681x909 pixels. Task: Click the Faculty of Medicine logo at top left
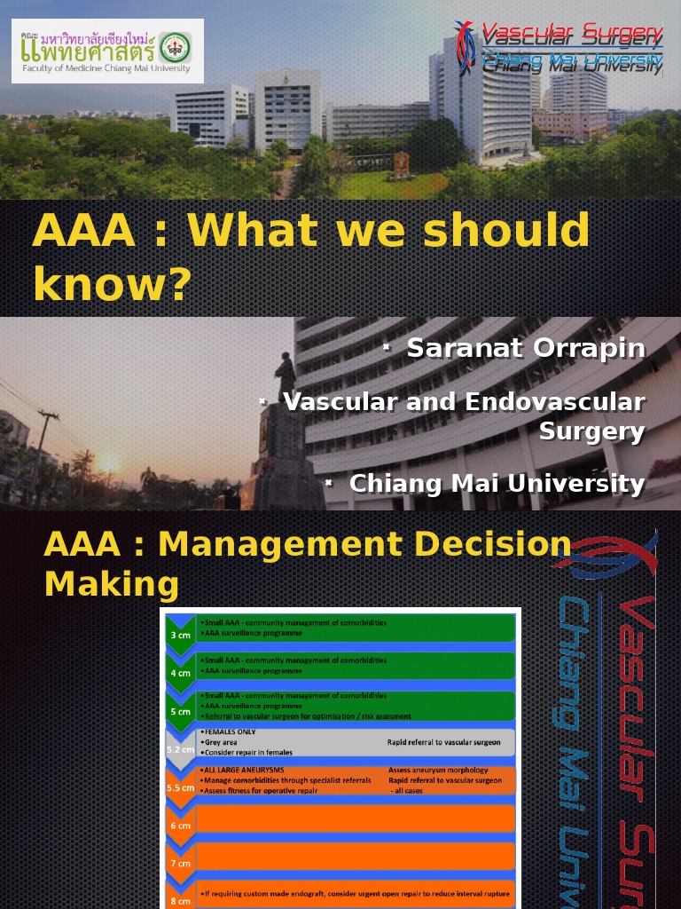point(107,51)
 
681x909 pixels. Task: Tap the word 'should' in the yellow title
point(505,231)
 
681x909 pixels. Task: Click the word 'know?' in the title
point(112,284)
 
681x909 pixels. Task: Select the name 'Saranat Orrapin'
point(526,348)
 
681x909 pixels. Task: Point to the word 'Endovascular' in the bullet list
point(554,402)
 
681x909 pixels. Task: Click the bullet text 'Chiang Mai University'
point(497,484)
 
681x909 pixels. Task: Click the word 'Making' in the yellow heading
point(111,585)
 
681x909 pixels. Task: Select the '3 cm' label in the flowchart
point(180,636)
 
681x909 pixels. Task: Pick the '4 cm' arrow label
point(180,673)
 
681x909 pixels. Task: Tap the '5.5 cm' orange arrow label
point(180,787)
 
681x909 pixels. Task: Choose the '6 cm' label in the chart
point(180,826)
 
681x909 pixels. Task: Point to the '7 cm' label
point(180,863)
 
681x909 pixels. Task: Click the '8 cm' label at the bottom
point(180,900)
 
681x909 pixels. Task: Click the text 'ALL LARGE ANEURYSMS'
point(243,770)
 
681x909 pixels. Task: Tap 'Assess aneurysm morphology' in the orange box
point(438,770)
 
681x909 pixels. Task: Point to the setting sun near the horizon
point(109,463)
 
